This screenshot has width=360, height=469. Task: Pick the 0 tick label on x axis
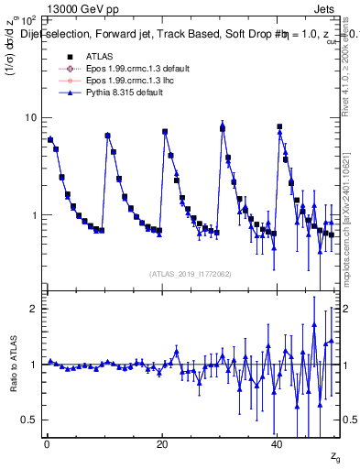tap(47, 444)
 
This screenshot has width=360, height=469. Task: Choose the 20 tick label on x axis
tap(161, 444)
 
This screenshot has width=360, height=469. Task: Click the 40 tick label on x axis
tap(277, 444)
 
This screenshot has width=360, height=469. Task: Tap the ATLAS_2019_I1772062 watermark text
tap(191, 274)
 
